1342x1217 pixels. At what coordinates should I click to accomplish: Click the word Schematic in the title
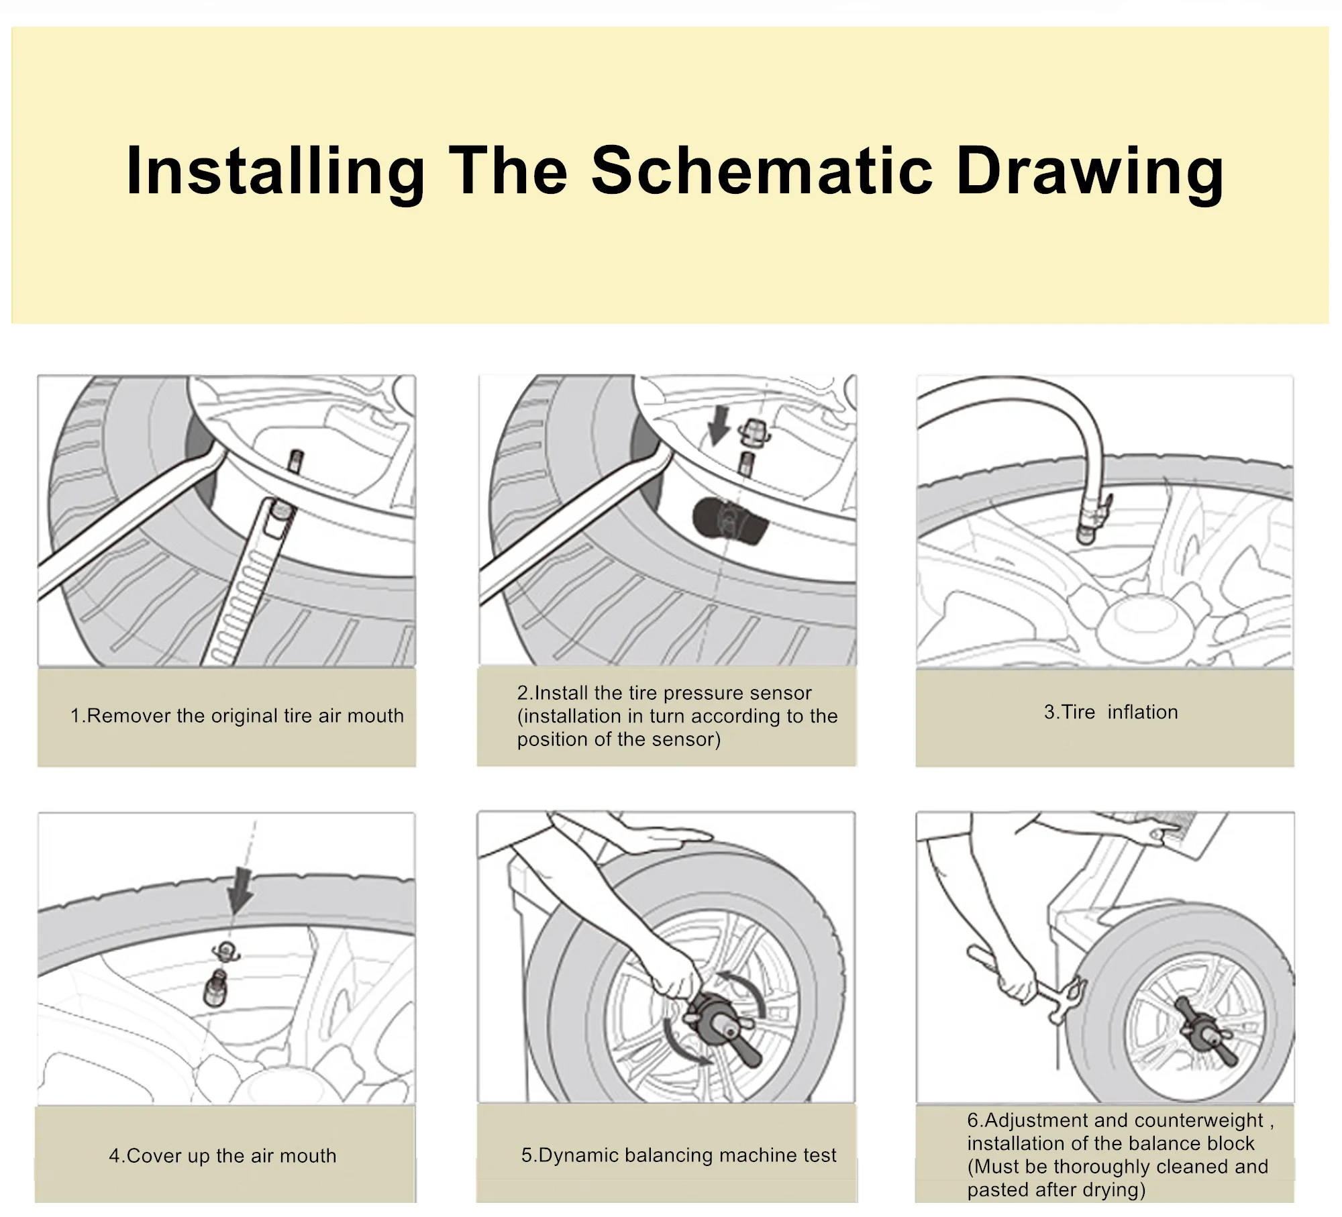click(x=762, y=171)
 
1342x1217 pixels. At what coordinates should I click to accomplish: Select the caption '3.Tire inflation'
click(x=1111, y=712)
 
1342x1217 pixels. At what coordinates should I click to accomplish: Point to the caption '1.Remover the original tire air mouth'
click(x=237, y=716)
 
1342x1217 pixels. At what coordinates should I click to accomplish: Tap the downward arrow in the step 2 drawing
click(x=719, y=428)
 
